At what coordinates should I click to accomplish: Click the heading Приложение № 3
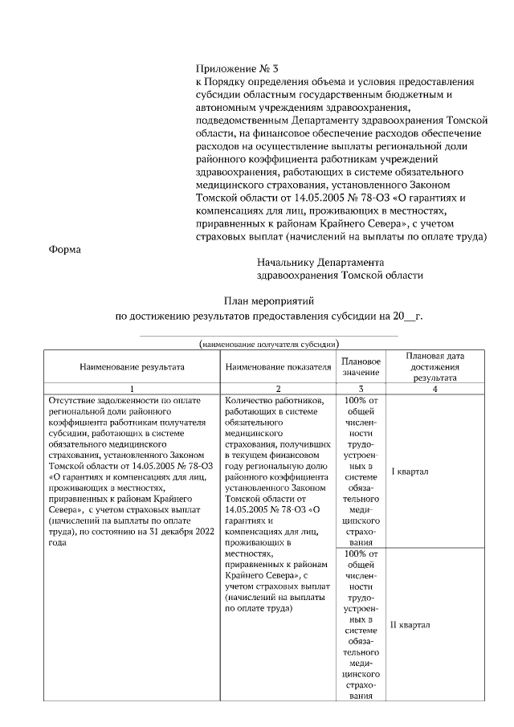coord(236,69)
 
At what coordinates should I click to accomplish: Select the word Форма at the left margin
coord(66,249)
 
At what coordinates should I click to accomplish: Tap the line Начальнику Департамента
coord(320,262)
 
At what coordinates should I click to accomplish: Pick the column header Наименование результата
coord(132,366)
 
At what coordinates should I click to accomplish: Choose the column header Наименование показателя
coord(279,366)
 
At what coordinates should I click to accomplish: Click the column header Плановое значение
coord(360,366)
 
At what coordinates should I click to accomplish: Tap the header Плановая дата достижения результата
coord(434,366)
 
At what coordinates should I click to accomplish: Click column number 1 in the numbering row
coord(132,389)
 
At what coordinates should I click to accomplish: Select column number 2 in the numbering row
coord(279,389)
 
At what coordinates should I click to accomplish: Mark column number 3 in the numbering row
coord(360,389)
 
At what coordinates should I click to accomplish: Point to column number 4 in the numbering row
coord(434,389)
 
